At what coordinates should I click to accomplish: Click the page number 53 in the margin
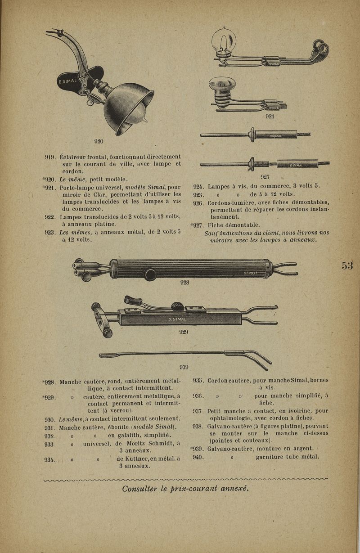pyautogui.click(x=347, y=265)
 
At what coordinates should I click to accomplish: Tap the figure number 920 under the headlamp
pyautogui.click(x=99, y=141)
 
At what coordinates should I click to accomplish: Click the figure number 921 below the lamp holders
pyautogui.click(x=270, y=116)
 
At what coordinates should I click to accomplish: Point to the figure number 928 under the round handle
pyautogui.click(x=184, y=283)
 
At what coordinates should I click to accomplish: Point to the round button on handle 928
pyautogui.click(x=150, y=274)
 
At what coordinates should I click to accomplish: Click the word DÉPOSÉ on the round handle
pyautogui.click(x=251, y=273)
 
